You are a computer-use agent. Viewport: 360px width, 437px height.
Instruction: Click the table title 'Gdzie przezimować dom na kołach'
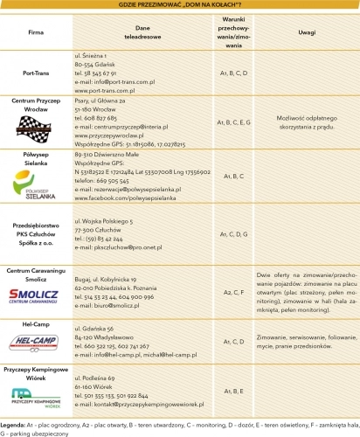point(180,5)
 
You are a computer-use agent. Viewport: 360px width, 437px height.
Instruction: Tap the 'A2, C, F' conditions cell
point(233,291)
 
